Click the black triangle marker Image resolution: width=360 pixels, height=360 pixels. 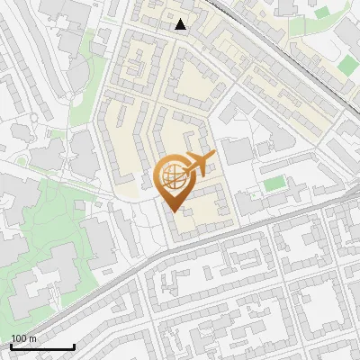click(x=181, y=24)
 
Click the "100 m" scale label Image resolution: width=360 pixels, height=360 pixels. click(x=23, y=338)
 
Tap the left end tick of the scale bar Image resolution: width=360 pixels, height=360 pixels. click(x=10, y=345)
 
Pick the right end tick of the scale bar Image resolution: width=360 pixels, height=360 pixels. click(x=73, y=345)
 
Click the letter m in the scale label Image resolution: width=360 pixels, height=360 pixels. click(x=32, y=338)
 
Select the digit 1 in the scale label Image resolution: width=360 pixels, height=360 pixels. click(x=13, y=338)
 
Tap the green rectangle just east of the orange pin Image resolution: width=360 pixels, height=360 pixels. click(x=274, y=184)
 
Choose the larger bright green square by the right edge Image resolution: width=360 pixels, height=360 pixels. click(x=348, y=64)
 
